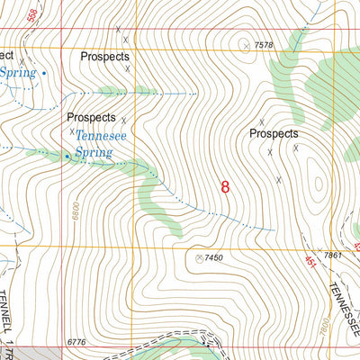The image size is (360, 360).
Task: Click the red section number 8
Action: click(225, 187)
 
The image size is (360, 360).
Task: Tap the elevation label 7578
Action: click(263, 45)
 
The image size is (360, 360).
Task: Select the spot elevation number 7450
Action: click(213, 258)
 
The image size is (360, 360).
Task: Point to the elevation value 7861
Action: click(335, 256)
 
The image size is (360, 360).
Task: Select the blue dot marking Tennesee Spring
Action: click(66, 157)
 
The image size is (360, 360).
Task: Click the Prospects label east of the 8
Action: click(274, 133)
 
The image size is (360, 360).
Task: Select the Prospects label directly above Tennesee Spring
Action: click(91, 117)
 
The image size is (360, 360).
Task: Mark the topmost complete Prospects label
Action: click(105, 56)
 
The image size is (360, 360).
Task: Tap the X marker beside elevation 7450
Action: click(199, 258)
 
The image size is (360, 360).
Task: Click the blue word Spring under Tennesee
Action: click(93, 153)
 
